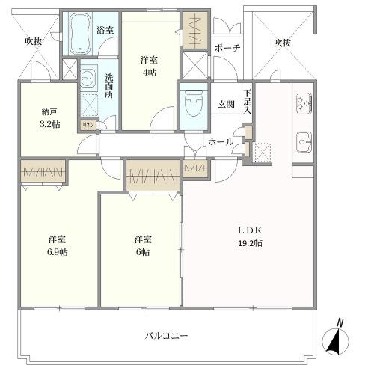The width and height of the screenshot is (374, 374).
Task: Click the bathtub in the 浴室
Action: click(79, 34)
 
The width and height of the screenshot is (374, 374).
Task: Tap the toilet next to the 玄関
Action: click(191, 100)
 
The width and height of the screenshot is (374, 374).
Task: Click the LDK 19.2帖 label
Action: click(251, 237)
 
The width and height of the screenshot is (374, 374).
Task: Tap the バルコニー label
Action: click(166, 336)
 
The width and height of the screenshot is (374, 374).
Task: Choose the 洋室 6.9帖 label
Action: click(58, 245)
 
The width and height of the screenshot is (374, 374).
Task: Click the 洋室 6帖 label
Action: click(144, 245)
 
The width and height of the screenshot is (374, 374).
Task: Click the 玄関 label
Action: click(226, 105)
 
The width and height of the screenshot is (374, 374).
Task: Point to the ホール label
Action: click(220, 142)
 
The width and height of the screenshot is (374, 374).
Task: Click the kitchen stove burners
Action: click(304, 101)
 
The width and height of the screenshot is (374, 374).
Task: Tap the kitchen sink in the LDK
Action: click(304, 140)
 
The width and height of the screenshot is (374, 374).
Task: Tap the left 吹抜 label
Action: click(32, 41)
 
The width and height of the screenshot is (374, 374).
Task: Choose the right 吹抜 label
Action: click(282, 43)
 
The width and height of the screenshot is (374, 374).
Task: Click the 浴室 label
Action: click(105, 30)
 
